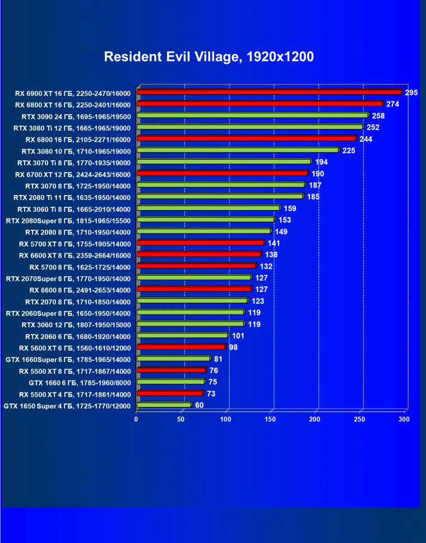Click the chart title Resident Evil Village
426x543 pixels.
click(x=209, y=57)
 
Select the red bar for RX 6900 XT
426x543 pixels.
click(x=269, y=92)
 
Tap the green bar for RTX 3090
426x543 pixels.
click(x=252, y=115)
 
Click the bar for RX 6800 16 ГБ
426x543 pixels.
click(x=246, y=138)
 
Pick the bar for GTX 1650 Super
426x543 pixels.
click(x=164, y=405)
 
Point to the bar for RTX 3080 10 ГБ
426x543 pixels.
click(x=238, y=150)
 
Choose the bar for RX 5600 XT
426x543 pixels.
click(x=180, y=347)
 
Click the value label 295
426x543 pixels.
click(x=411, y=92)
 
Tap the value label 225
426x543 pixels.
click(x=349, y=150)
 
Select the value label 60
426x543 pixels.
click(x=199, y=405)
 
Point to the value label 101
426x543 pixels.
click(x=238, y=336)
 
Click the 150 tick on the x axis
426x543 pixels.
click(x=271, y=419)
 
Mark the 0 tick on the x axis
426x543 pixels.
click(x=136, y=419)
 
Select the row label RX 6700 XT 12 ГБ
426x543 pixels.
click(x=73, y=174)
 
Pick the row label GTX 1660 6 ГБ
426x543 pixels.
click(x=80, y=383)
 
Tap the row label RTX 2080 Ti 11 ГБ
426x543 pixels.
click(x=72, y=197)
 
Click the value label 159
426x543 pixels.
click(x=290, y=208)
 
